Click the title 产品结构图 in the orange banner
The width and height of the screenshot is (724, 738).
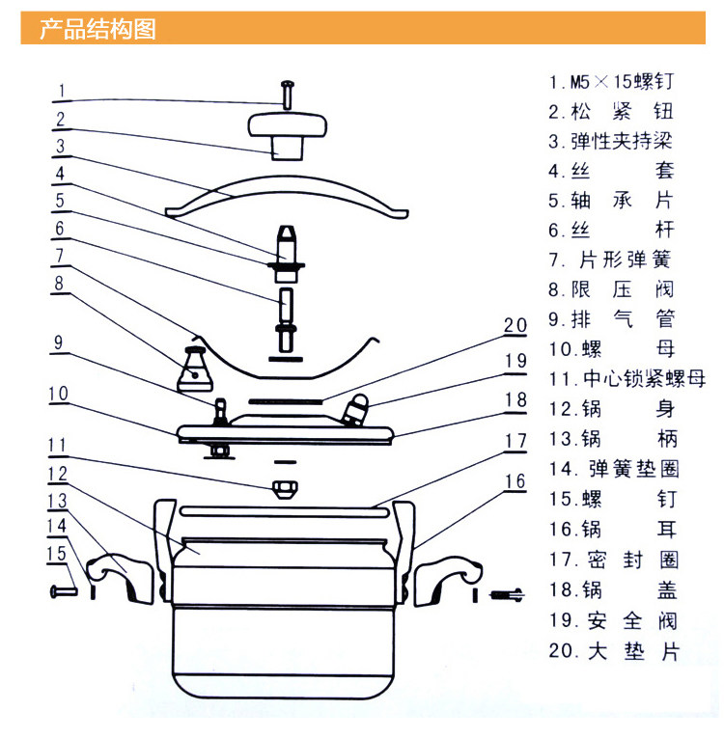(x=97, y=29)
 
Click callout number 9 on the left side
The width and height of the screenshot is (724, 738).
(x=60, y=342)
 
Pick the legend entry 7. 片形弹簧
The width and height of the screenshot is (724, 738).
(x=612, y=260)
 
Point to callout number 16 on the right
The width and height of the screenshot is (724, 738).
(x=515, y=481)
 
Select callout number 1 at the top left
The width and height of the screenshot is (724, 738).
(x=60, y=93)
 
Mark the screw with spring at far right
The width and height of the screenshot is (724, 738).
(x=506, y=593)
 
